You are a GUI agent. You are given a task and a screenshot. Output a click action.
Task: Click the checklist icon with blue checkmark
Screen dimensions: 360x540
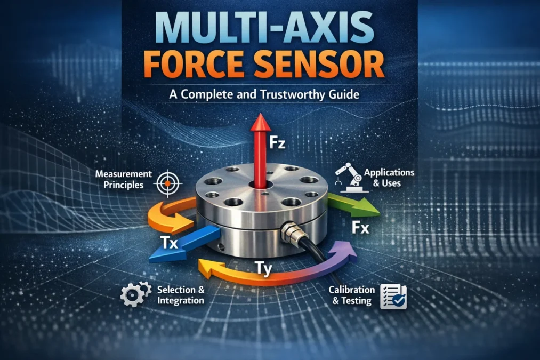(x=393, y=297)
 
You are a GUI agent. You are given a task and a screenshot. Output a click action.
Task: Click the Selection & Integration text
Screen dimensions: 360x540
(x=181, y=295)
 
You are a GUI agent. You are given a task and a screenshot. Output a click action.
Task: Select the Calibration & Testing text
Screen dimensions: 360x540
(x=351, y=295)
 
